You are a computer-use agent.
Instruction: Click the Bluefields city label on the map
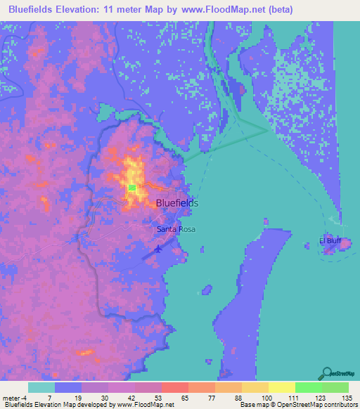pyautogui.click(x=176, y=202)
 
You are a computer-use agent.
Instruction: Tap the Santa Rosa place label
pyautogui.click(x=176, y=229)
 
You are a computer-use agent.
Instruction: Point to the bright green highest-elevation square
pyautogui.click(x=132, y=188)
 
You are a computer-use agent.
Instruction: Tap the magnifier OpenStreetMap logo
pyautogui.click(x=327, y=374)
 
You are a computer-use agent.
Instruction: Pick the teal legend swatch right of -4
pyautogui.click(x=41, y=387)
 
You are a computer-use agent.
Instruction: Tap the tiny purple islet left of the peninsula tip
pyautogui.click(x=207, y=290)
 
